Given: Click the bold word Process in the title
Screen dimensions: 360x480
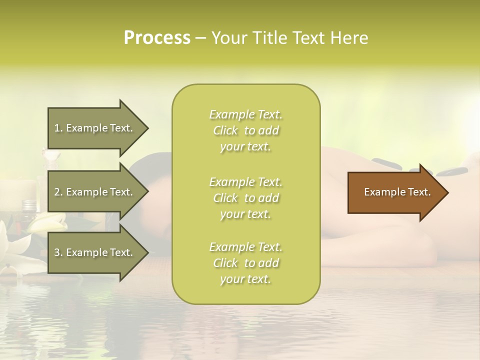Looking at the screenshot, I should click(157, 38).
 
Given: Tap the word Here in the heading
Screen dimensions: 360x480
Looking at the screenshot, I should click(349, 38).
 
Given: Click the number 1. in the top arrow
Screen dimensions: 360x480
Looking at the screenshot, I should click(58, 128).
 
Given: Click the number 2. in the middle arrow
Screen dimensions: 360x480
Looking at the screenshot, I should click(58, 192).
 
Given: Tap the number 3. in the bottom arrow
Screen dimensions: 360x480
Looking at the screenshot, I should click(58, 252).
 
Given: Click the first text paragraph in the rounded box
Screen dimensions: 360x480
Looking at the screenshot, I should click(245, 130).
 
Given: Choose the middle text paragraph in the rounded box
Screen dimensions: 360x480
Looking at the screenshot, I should click(245, 198).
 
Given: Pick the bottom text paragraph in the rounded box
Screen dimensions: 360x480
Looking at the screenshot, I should click(245, 263).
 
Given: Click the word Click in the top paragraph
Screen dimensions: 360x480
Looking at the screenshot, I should click(225, 131).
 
